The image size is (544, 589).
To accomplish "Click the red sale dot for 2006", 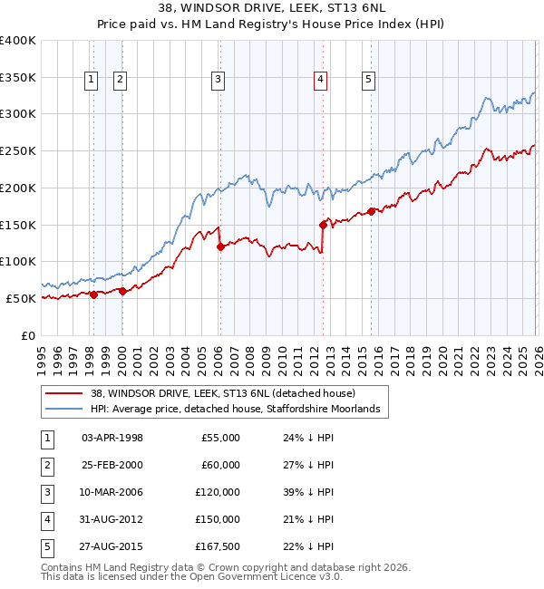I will (220, 246).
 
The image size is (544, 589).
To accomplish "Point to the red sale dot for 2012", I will (323, 224).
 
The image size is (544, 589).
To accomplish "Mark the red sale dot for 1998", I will (93, 294).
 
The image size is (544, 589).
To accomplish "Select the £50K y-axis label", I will (22, 298).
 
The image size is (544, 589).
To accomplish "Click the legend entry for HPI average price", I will (239, 410).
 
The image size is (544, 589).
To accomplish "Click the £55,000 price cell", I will (219, 438).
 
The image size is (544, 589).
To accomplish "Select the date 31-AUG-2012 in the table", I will (112, 519).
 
